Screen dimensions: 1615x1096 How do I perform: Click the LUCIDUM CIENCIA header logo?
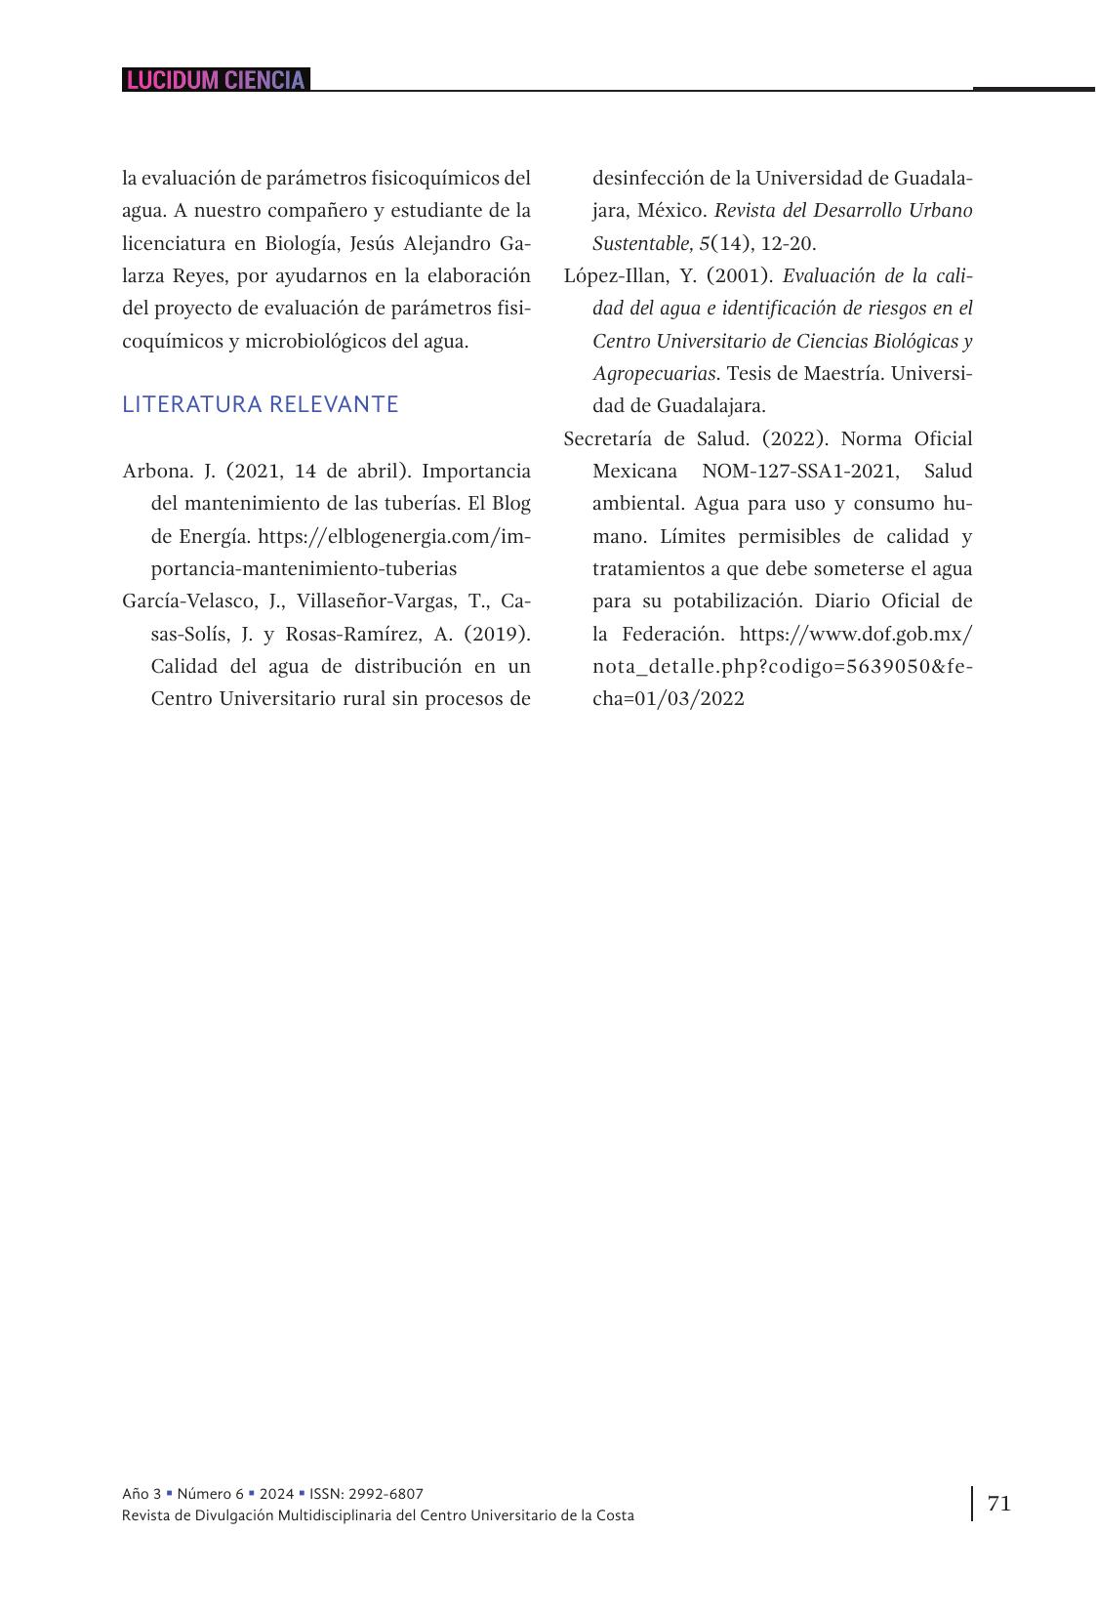coord(216,80)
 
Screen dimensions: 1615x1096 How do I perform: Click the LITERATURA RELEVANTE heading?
coord(260,404)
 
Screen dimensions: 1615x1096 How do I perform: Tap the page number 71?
coord(998,1503)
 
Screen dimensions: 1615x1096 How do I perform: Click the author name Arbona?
coord(157,472)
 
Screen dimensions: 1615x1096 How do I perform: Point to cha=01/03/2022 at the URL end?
coord(669,699)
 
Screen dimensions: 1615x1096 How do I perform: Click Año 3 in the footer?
coord(142,1494)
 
